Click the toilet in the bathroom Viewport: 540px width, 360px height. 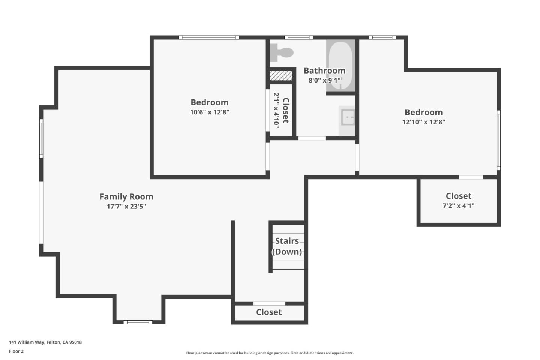(282, 52)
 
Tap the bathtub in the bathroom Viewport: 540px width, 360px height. (340, 65)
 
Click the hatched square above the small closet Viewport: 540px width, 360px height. (281, 75)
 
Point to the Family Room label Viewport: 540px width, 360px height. (126, 196)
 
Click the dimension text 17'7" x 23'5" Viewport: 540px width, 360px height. (126, 206)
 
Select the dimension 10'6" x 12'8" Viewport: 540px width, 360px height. (209, 112)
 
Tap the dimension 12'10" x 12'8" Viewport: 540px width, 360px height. (423, 122)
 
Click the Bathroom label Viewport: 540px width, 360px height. (324, 70)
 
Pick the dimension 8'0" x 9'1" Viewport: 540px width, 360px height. (324, 80)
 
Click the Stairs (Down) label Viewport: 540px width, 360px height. (287, 246)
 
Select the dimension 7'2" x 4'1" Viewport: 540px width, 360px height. (458, 205)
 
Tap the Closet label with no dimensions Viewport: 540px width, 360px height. (269, 312)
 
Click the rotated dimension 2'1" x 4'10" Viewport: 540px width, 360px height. (276, 109)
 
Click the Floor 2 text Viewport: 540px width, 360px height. (16, 351)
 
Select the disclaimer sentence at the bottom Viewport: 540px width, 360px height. (270, 353)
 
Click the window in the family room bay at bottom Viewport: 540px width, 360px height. (138, 322)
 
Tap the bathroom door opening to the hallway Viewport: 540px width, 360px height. (312, 138)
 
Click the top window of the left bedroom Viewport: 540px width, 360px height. (208, 37)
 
